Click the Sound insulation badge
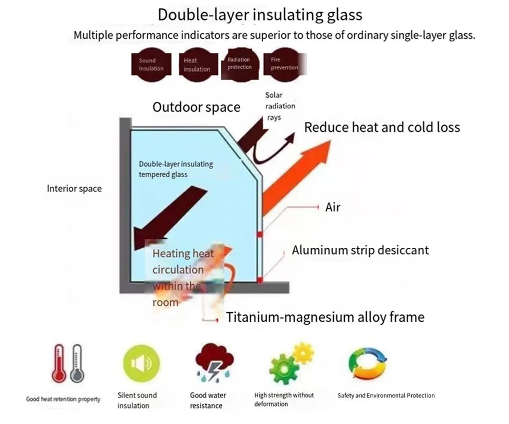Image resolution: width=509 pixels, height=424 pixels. [151, 64]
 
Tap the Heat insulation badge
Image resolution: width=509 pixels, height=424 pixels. [196, 64]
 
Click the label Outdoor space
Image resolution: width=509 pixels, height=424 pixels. [196, 107]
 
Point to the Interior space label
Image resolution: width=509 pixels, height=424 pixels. [74, 188]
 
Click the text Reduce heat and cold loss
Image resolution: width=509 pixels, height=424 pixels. [382, 127]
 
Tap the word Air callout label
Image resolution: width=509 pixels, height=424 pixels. [333, 207]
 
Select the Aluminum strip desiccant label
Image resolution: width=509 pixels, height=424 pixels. [360, 250]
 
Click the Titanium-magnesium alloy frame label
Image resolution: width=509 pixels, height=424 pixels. [325, 317]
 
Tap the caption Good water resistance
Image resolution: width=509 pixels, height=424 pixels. [208, 400]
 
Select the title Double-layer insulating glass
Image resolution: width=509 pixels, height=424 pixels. [260, 14]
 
